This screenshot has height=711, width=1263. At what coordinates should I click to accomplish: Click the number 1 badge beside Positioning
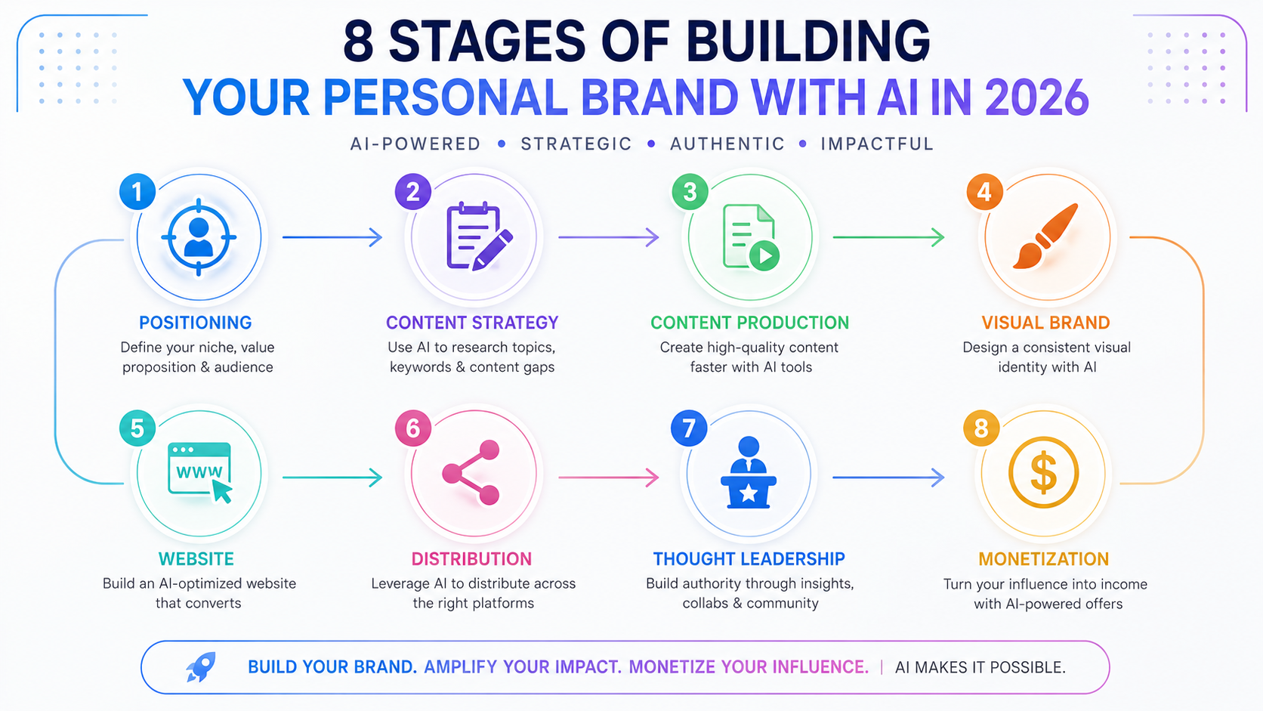pos(137,192)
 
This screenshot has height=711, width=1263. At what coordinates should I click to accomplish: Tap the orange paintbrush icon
pos(1045,236)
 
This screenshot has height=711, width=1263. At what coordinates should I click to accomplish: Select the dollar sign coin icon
pos(1043,472)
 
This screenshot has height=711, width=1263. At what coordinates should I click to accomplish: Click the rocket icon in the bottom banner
pos(201,667)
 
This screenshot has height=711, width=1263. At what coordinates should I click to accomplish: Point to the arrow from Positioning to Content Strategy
pos(332,237)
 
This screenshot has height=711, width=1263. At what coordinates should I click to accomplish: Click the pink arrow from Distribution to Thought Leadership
pos(608,478)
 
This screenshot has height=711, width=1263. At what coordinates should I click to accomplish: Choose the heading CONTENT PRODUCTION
pos(749,323)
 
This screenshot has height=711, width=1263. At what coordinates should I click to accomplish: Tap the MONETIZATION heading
pos(1043,559)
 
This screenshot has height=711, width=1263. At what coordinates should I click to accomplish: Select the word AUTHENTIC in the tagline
pos(727,144)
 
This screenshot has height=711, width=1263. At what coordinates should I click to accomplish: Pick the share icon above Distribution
pos(471,472)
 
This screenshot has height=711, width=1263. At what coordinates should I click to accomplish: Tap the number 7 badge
pos(688,428)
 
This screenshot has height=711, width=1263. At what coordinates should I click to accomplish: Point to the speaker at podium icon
pos(749,472)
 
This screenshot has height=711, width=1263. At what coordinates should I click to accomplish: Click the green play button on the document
pos(764,256)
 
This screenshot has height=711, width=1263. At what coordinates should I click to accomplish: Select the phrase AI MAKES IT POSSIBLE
pos(980,668)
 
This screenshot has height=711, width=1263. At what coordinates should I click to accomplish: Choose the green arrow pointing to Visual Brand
pos(888,237)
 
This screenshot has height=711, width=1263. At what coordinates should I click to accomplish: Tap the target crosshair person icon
pos(199,237)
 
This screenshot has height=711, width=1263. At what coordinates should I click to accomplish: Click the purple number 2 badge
pos(412,192)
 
